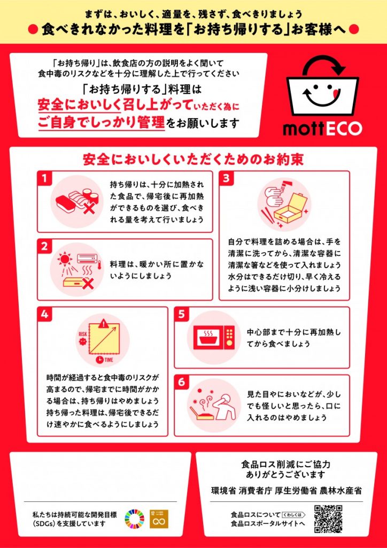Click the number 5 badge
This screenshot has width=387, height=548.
182,315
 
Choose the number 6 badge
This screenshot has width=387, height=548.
182,382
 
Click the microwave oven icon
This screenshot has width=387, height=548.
212,337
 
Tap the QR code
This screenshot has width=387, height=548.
328,519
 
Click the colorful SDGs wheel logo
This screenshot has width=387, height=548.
134,519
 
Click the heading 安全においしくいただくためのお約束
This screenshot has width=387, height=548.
193,159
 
